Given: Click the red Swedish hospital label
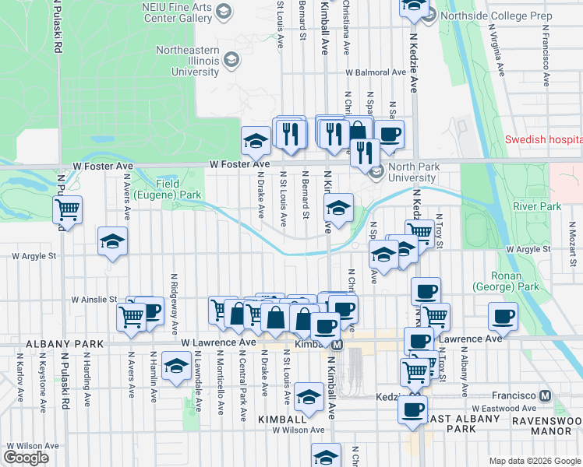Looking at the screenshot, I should [x=543, y=140].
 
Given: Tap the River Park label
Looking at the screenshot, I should [x=536, y=206].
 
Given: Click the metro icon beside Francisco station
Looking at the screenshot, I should [x=545, y=395].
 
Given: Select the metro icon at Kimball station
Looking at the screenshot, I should [x=337, y=344].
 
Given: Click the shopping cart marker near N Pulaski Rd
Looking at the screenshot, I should [x=68, y=210].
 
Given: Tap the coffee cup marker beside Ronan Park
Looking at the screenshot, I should [x=503, y=317].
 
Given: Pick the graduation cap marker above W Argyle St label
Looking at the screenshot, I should [x=112, y=241].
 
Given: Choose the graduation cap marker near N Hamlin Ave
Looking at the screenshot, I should [x=177, y=366].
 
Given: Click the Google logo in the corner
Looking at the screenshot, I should [x=26, y=458].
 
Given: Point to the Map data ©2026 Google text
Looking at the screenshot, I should [x=535, y=461].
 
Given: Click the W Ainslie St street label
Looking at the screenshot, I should [x=94, y=299].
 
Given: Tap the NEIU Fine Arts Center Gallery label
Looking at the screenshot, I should [x=179, y=11].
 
